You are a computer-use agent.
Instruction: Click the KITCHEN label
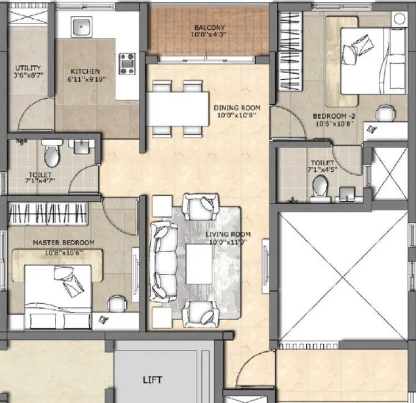(85, 72)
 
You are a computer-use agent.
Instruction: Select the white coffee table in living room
(197, 259)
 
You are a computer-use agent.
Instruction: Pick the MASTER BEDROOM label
(63, 243)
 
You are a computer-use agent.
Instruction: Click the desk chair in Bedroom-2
(383, 113)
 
